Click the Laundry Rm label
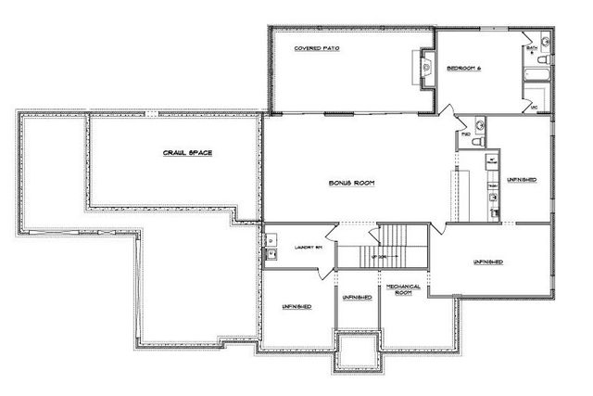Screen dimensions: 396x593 307,248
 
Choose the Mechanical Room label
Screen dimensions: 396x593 403,290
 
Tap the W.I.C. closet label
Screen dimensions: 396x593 535,108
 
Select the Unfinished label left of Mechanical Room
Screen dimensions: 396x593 357,297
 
